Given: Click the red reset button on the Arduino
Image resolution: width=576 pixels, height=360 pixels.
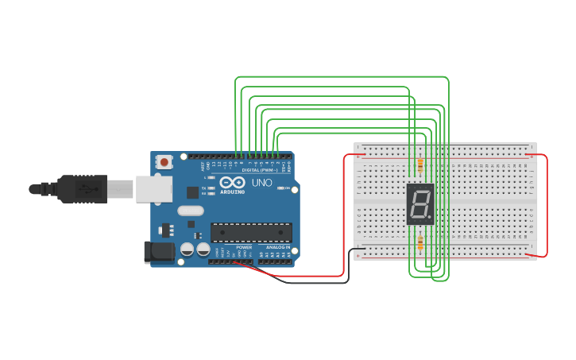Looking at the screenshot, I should click(x=164, y=162).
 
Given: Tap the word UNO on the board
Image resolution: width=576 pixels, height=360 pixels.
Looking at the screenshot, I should click(x=262, y=183).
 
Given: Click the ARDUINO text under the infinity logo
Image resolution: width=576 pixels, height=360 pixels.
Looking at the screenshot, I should click(x=233, y=192).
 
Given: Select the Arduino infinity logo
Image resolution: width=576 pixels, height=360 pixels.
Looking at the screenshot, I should click(x=232, y=183).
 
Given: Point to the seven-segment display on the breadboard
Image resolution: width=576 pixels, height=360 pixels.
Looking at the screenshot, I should click(x=419, y=203).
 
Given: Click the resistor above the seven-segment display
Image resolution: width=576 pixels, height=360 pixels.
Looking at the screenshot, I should click(x=419, y=165).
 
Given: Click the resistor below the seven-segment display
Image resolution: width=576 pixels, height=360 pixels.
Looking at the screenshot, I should click(x=419, y=242).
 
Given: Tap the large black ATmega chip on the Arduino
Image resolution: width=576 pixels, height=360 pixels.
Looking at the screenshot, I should click(x=251, y=232).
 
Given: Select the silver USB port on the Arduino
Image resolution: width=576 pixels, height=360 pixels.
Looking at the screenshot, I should click(x=153, y=189).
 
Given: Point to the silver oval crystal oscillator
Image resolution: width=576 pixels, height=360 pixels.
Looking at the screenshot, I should click(x=191, y=211).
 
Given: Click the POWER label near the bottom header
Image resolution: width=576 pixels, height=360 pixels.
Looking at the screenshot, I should click(x=244, y=247).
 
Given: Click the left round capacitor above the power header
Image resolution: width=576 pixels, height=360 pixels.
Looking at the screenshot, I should click(x=187, y=249).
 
